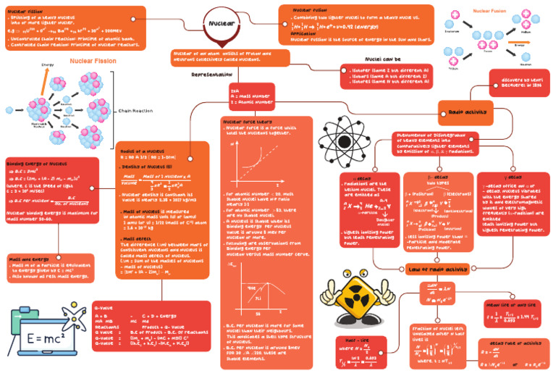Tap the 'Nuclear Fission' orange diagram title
[x=92, y=62]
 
